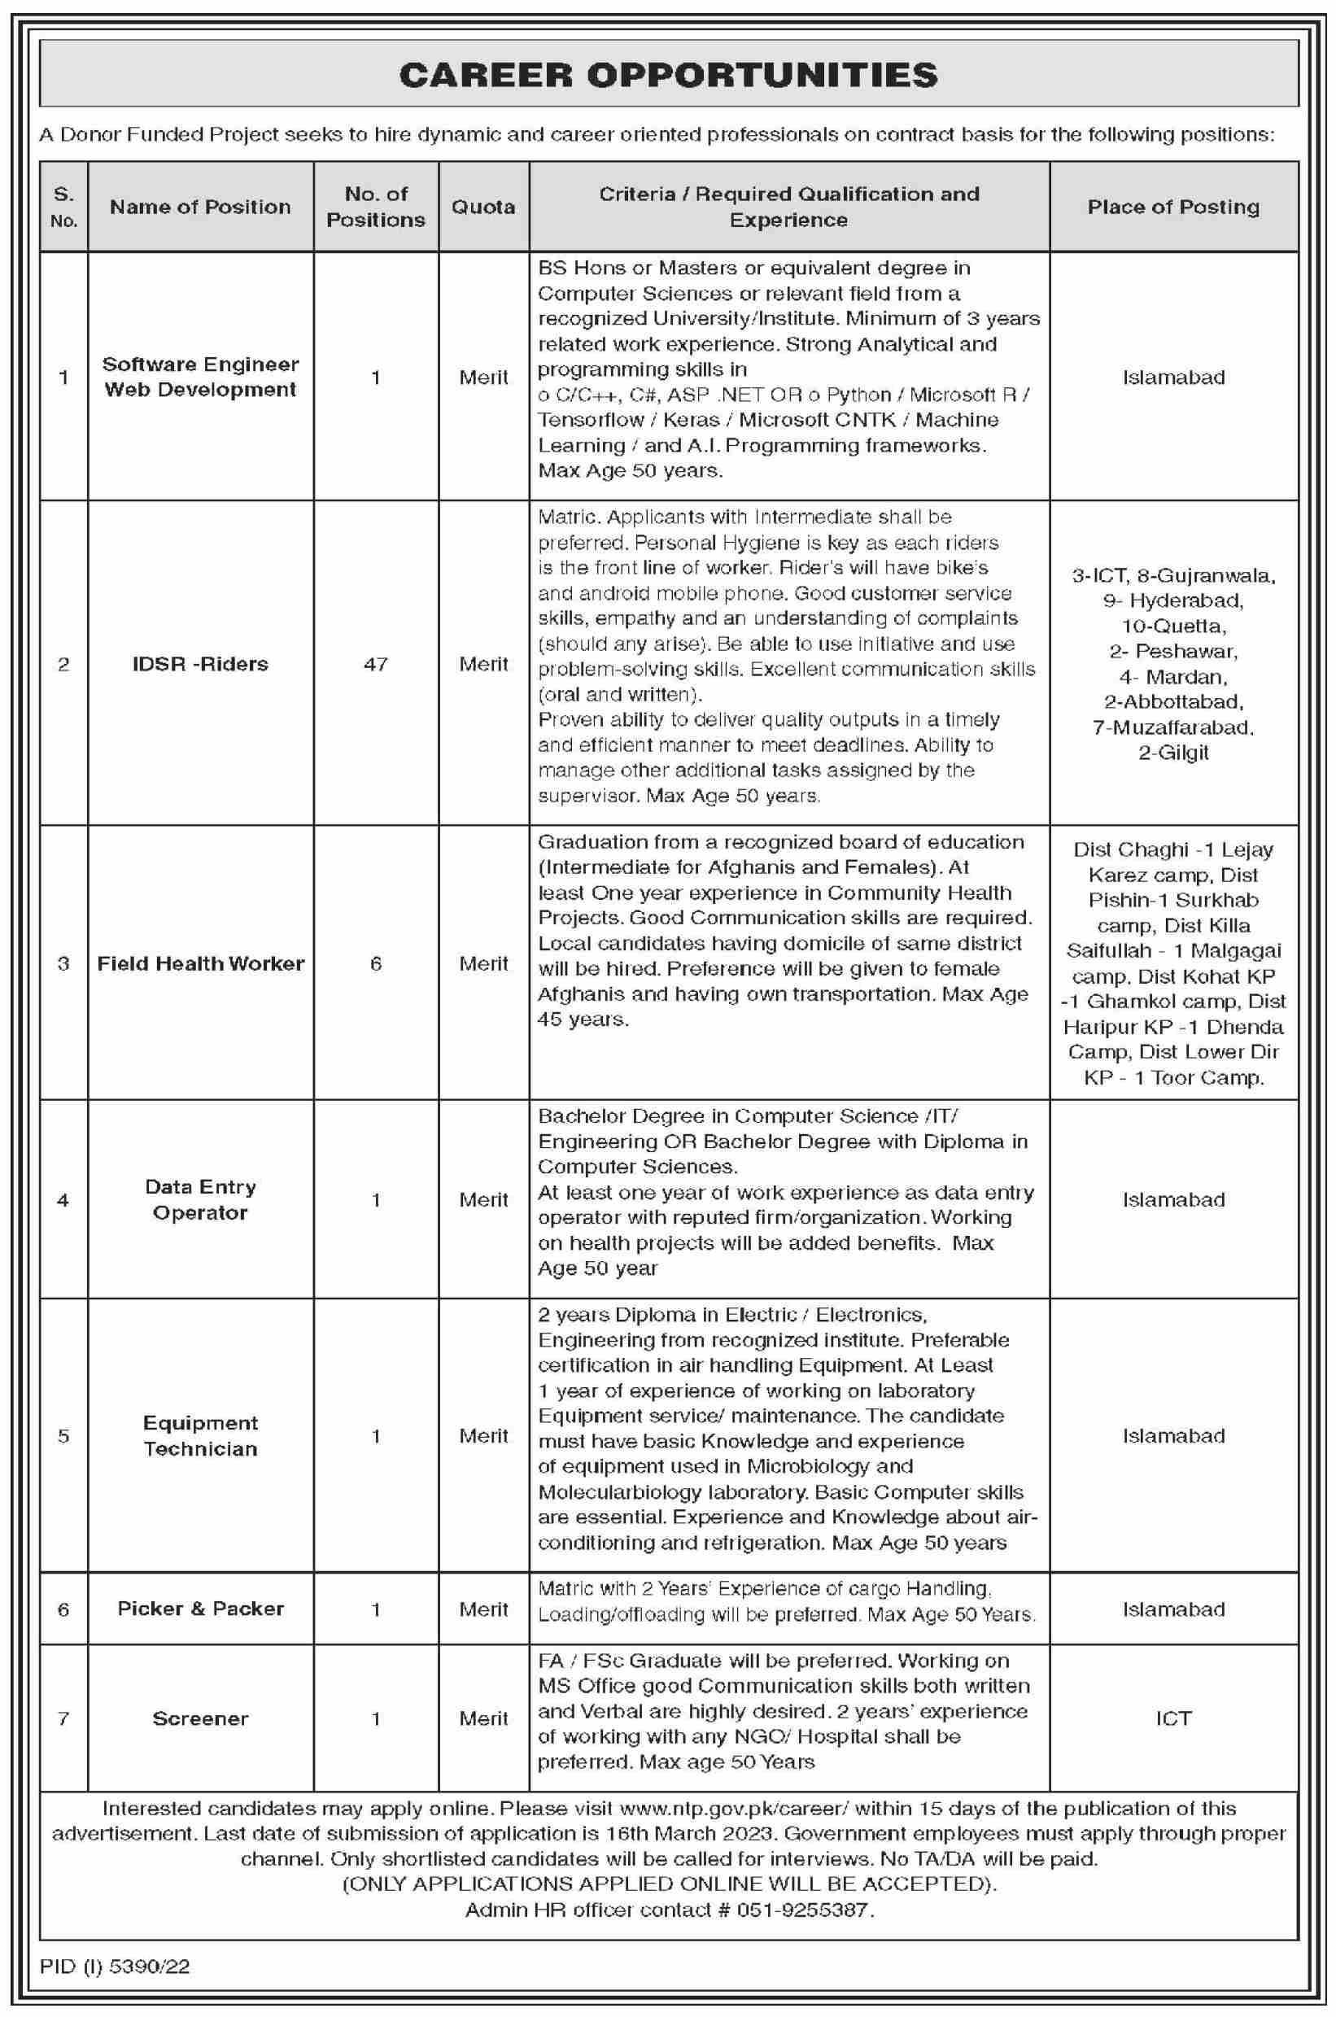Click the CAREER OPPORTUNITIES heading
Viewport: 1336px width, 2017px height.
pyautogui.click(x=668, y=76)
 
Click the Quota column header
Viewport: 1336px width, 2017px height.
pyautogui.click(x=483, y=207)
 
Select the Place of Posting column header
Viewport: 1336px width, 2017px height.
pyautogui.click(x=1173, y=207)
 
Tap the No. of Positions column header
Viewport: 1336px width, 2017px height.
pyautogui.click(x=376, y=207)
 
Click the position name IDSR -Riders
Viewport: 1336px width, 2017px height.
pyautogui.click(x=200, y=664)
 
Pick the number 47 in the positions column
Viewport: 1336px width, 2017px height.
pyautogui.click(x=376, y=664)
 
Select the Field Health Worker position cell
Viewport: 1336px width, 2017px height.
pyautogui.click(x=200, y=963)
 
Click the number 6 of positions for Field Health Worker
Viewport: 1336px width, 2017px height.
pyautogui.click(x=376, y=963)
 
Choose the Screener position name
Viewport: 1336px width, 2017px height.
pyautogui.click(x=200, y=1718)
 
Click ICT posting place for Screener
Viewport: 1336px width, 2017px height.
pyautogui.click(x=1173, y=1718)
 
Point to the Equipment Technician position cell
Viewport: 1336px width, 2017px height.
pyautogui.click(x=200, y=1435)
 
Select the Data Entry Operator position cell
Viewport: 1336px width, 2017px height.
pyautogui.click(x=200, y=1199)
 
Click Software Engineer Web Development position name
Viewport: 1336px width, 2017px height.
pyautogui.click(x=200, y=377)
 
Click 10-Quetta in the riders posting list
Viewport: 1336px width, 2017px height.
pyautogui.click(x=1173, y=626)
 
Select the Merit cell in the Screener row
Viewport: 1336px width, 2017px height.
pyautogui.click(x=483, y=1718)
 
